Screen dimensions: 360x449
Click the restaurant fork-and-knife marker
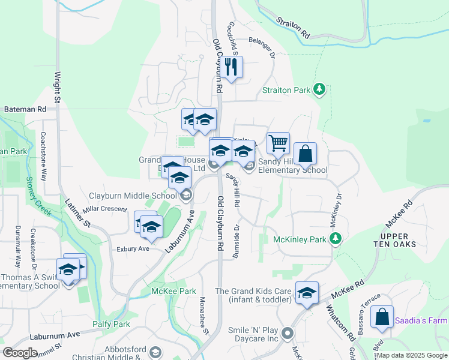pos(231,67)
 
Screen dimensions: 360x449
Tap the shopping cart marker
pos(278,143)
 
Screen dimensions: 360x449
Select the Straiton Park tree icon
pos(320,90)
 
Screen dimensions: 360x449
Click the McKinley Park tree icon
pos(336,239)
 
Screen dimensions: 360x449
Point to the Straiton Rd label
pos(293,27)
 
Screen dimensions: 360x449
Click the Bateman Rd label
pos(25,110)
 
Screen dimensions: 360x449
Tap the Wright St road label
pos(58,88)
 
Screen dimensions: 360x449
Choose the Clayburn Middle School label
pos(133,196)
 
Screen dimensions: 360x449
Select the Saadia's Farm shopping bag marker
pos(382,317)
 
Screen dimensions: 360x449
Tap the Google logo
pos(20,353)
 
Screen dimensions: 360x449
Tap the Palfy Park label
pos(111,324)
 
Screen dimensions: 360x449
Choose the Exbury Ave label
pos(133,248)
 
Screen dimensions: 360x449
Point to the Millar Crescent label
pos(105,209)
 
